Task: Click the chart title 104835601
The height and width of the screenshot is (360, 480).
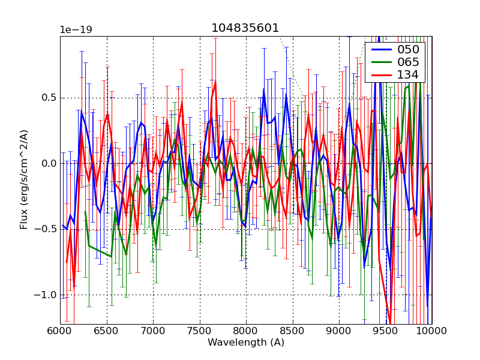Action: click(245, 28)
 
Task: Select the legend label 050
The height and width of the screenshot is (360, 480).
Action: click(408, 49)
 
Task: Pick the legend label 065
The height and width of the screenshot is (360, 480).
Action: click(408, 62)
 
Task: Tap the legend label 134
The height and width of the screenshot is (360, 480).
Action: click(408, 75)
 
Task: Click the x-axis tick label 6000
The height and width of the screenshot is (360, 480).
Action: click(60, 331)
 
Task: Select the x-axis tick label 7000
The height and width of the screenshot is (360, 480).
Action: click(153, 331)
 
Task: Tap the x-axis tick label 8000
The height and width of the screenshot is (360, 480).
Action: click(246, 331)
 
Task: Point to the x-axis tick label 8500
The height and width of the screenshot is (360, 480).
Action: click(292, 331)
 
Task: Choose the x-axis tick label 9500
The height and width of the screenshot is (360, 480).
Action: click(385, 331)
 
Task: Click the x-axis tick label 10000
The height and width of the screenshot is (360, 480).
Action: click(431, 331)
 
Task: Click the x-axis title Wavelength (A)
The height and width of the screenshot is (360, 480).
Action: click(246, 343)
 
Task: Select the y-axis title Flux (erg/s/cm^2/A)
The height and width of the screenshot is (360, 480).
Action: click(24, 179)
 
